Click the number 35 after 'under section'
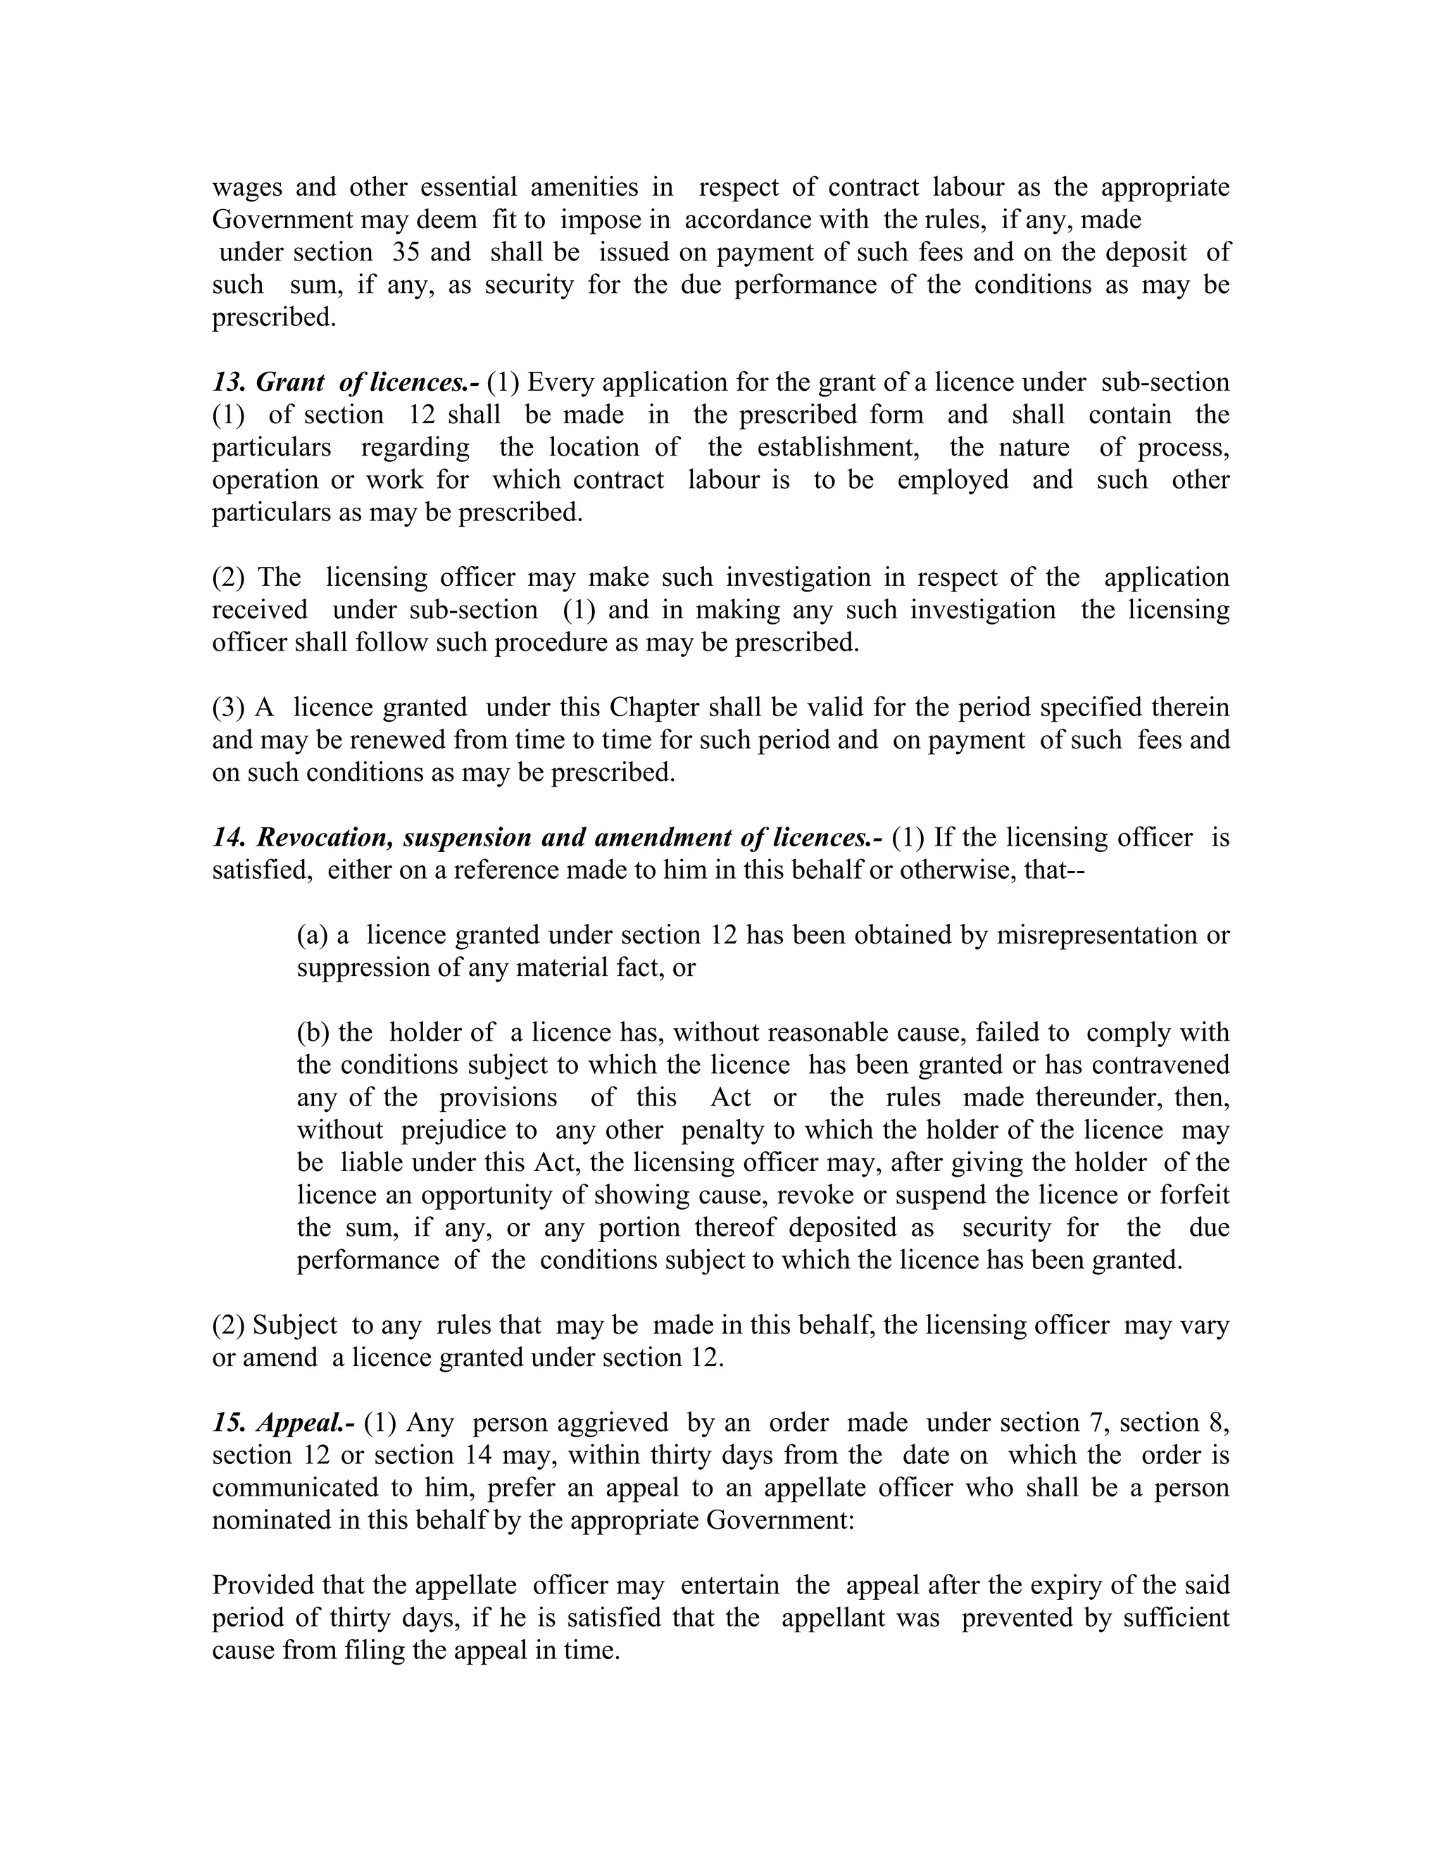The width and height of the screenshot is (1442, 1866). [405, 252]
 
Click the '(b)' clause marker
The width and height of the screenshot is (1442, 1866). [313, 1032]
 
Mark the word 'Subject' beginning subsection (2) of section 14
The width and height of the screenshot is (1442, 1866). [296, 1325]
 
